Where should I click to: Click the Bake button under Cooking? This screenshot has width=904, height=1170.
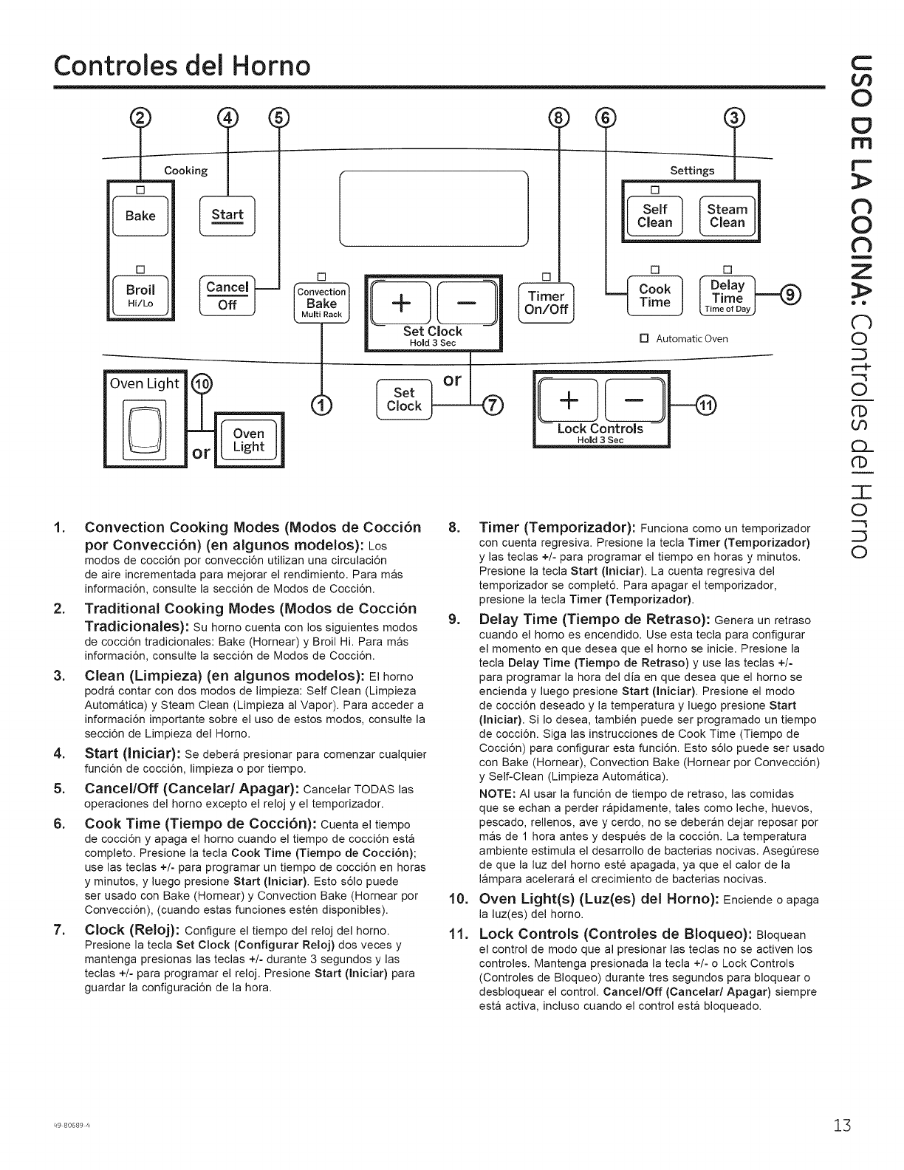coord(140,216)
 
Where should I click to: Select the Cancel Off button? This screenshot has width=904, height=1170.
coord(227,295)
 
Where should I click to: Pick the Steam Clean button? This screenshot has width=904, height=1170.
coord(727,215)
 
